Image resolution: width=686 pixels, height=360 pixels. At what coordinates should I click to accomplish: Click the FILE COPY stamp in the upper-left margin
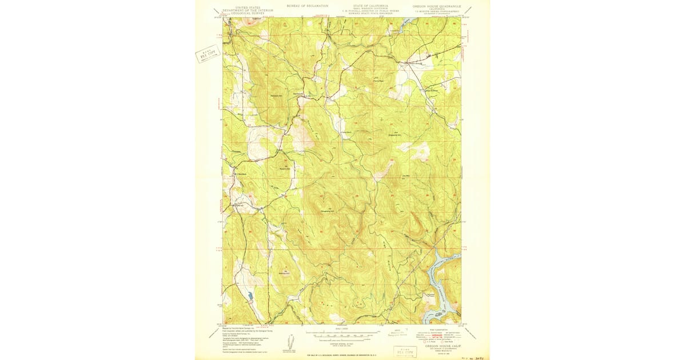208,54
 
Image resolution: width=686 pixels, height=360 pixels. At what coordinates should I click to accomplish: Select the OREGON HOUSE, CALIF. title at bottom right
444,346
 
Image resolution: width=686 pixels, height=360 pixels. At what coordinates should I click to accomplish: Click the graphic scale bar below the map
342,335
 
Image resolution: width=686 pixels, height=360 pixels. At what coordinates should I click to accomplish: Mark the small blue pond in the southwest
250,296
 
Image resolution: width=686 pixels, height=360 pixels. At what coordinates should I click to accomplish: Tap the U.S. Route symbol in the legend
425,341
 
